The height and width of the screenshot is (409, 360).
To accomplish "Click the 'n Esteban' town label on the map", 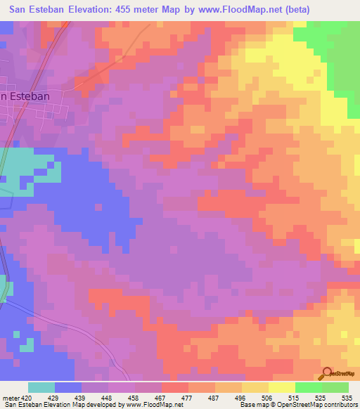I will pyautogui.click(x=27, y=96).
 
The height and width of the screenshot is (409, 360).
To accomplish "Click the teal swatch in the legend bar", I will pyautogui.click(x=41, y=387).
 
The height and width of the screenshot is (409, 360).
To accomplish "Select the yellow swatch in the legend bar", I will pyautogui.click(x=281, y=387).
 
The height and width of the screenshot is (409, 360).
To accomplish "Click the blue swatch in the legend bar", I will pyautogui.click(x=68, y=387).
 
